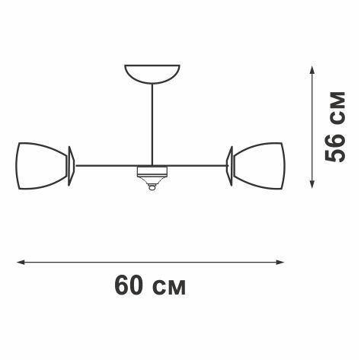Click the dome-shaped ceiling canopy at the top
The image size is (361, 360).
click(x=152, y=73)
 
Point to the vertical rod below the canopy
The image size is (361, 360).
click(x=152, y=122)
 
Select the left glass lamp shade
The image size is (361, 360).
click(x=42, y=165)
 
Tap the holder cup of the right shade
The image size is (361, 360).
click(x=230, y=165)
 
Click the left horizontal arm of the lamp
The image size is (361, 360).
click(x=107, y=165)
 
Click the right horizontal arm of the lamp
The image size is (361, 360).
click(x=198, y=165)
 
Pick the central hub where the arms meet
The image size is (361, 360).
click(x=152, y=173)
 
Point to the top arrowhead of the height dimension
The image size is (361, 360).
click(x=311, y=68)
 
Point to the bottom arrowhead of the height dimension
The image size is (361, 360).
click(x=311, y=185)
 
